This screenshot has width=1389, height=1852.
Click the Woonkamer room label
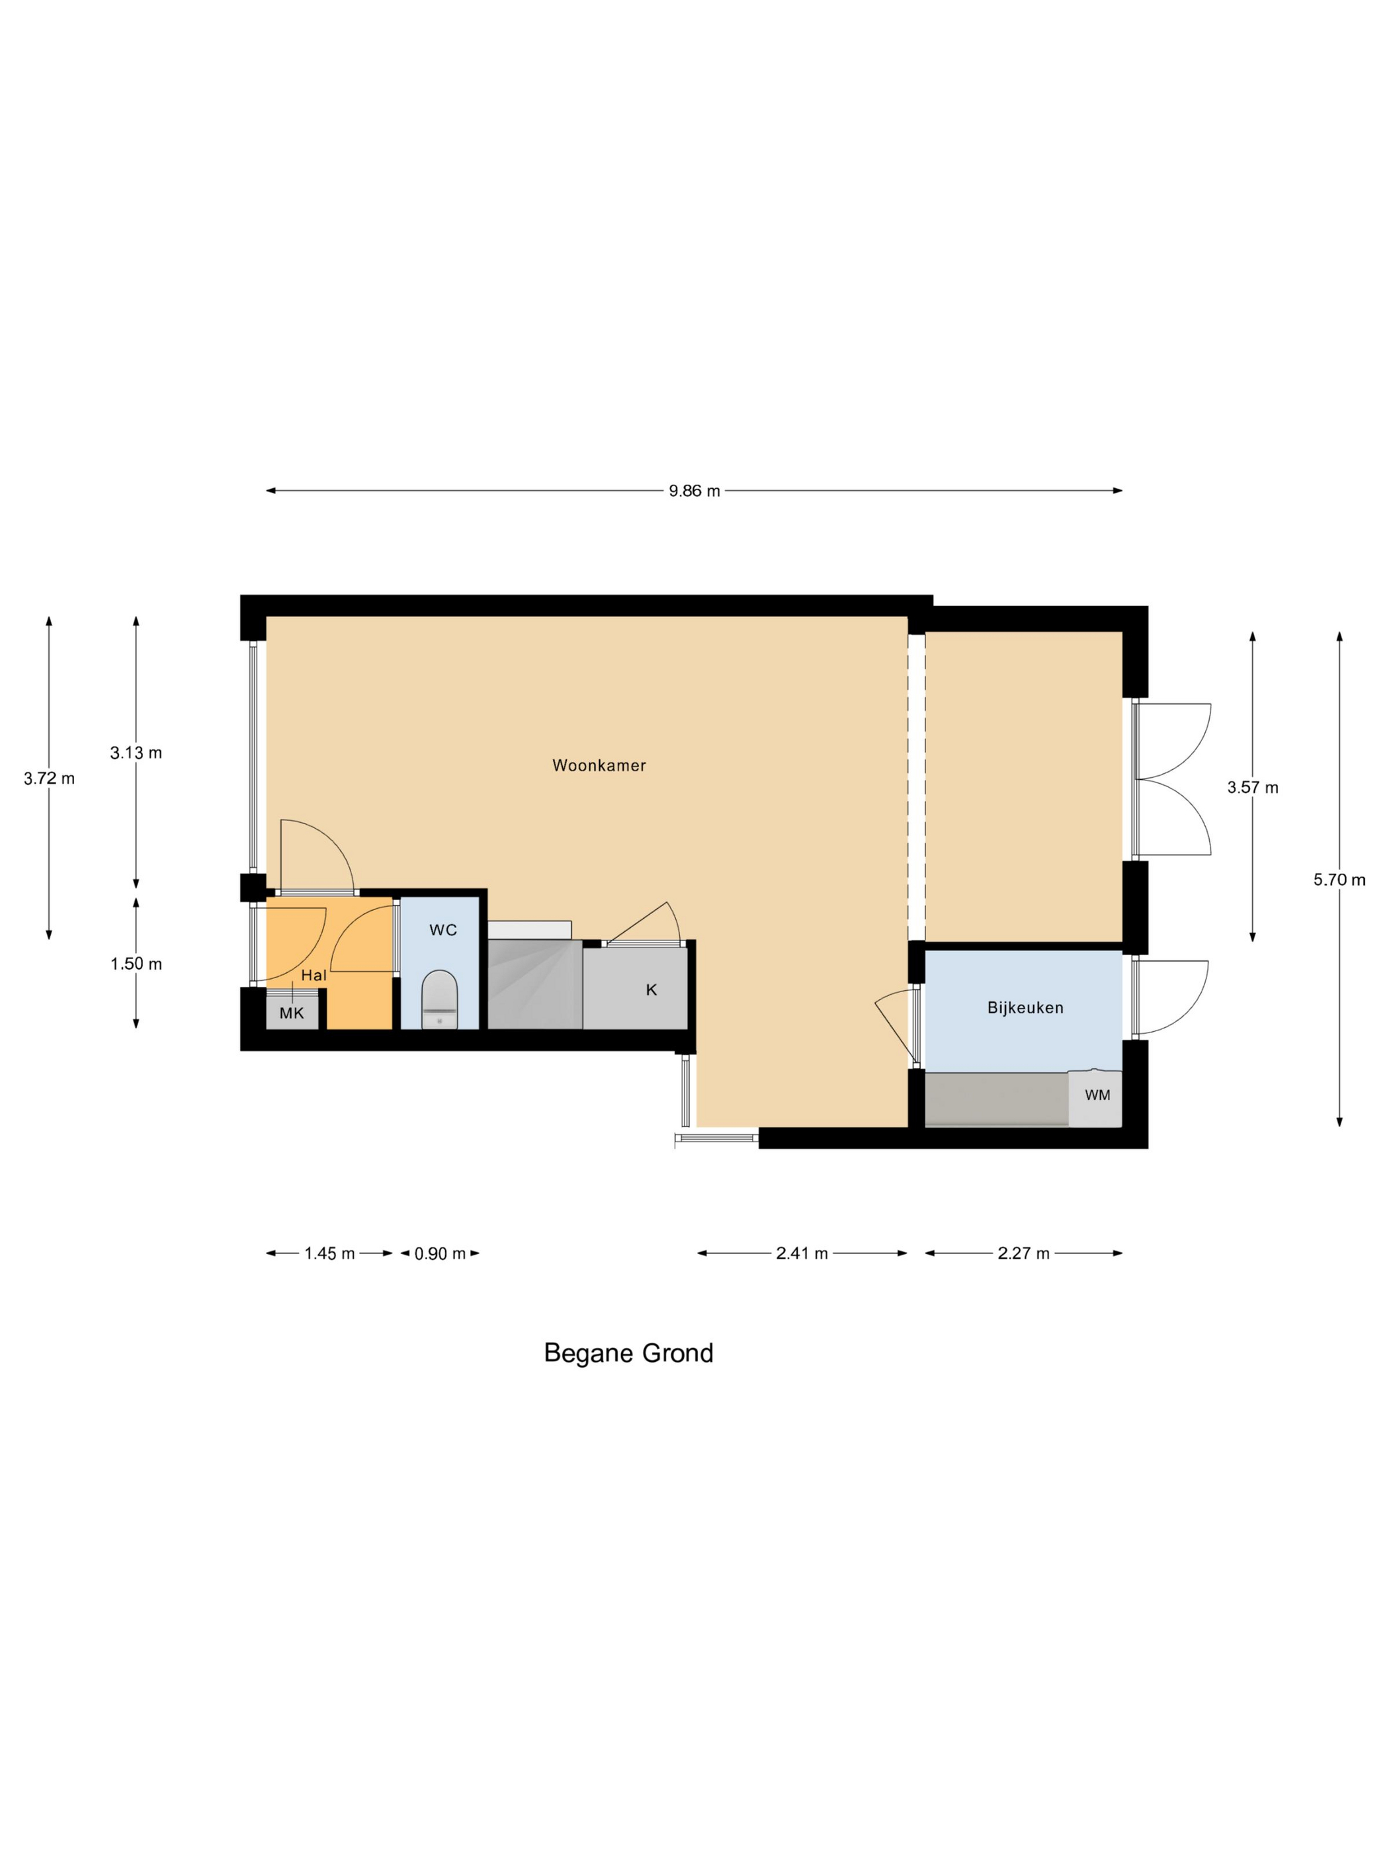click(x=599, y=765)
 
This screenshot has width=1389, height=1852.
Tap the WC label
click(x=443, y=929)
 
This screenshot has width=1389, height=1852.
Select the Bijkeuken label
click(x=1025, y=1008)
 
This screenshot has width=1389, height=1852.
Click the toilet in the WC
click(x=440, y=999)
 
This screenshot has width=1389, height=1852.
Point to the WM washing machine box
click(x=1095, y=1097)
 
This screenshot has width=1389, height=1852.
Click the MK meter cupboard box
click(x=292, y=1011)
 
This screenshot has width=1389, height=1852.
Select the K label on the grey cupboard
click(x=652, y=989)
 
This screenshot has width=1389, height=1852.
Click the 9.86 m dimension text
click(x=694, y=491)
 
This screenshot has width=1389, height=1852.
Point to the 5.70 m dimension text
click(x=1339, y=880)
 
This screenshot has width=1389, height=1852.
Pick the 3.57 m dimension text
click(x=1253, y=788)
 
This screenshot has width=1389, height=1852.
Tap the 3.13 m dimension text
click(x=136, y=753)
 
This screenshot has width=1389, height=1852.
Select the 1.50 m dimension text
click(x=136, y=964)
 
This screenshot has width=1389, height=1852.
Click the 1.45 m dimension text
click(x=330, y=1253)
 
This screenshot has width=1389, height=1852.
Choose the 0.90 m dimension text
click(x=441, y=1253)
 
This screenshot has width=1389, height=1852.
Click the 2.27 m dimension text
click(x=1023, y=1253)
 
